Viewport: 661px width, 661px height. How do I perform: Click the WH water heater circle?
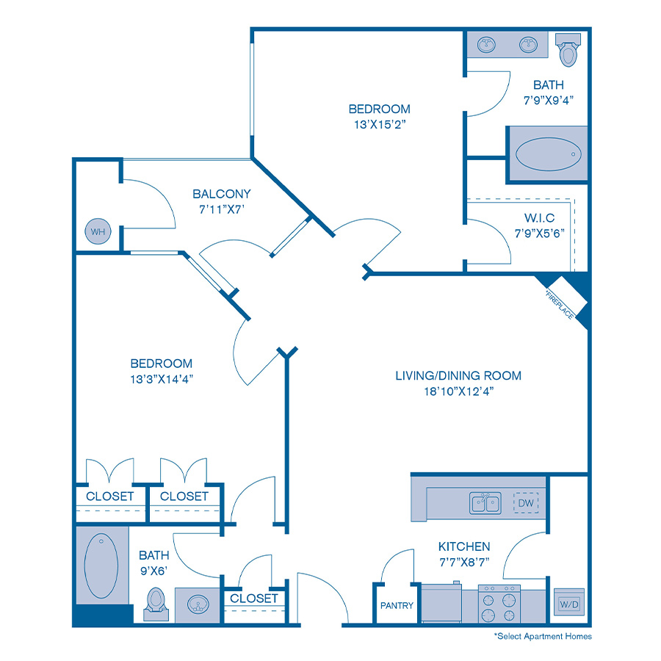point(97,232)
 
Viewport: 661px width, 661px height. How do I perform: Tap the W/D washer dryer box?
point(568,604)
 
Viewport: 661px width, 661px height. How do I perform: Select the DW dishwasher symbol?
point(526,503)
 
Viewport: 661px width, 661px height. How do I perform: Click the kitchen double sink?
point(485,504)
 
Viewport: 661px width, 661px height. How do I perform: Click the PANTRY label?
point(397,606)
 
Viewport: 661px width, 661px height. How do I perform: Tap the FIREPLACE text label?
point(560,303)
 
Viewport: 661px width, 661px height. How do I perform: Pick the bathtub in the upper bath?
point(546,156)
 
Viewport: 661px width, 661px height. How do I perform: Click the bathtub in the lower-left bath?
point(101,565)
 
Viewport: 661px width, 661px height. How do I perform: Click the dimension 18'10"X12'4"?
point(459,391)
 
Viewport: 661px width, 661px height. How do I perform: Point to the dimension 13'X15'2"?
point(379,125)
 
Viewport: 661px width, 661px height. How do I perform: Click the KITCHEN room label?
point(464,546)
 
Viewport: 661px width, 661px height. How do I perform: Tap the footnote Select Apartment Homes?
point(543,636)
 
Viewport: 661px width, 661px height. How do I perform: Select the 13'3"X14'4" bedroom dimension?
point(162,379)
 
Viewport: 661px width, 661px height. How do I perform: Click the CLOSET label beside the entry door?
point(254,599)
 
